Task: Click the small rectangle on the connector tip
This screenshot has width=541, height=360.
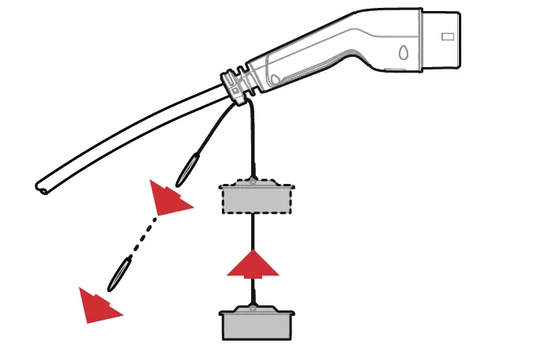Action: [x=448, y=36]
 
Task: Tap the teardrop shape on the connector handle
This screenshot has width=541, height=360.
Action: [x=404, y=54]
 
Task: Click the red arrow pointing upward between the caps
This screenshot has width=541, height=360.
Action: [x=253, y=264]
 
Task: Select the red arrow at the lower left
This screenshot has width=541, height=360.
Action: [x=98, y=305]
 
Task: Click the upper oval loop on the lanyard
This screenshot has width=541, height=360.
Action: [x=189, y=167]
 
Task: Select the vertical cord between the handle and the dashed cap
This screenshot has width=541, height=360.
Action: [x=253, y=142]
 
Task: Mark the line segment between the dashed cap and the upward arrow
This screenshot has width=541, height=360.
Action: [x=253, y=232]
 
